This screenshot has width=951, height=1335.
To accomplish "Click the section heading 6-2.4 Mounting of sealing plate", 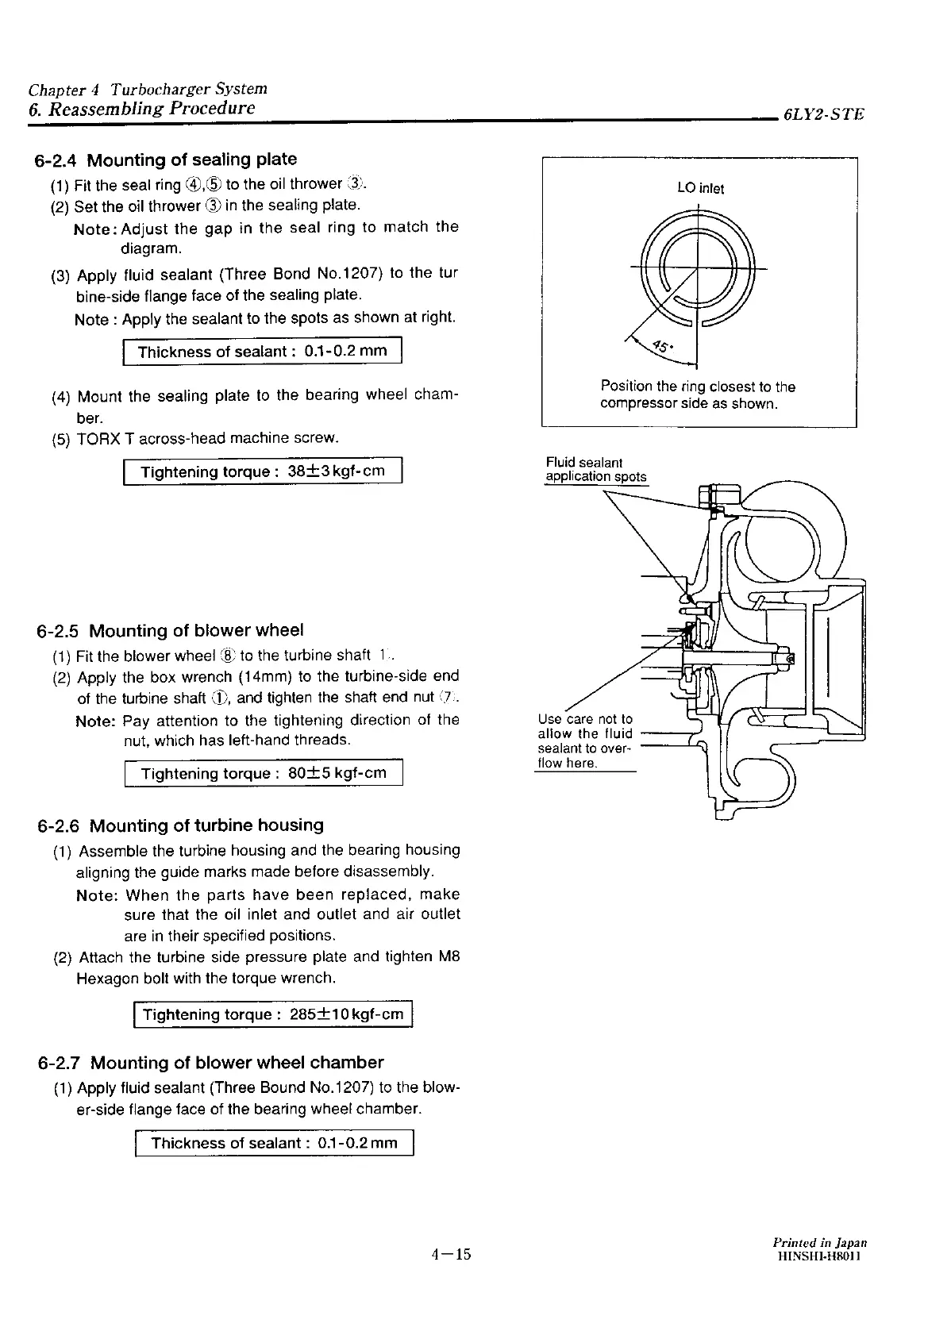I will tap(166, 160).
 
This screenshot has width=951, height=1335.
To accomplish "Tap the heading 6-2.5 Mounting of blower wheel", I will tap(170, 631).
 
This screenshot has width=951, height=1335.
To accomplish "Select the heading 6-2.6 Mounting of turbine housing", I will tap(180, 825).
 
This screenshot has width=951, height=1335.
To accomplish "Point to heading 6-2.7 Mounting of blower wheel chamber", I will tap(210, 1063).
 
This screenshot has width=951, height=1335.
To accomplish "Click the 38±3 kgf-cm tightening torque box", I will tap(263, 471).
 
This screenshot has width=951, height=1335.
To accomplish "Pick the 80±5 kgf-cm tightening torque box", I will tap(264, 773).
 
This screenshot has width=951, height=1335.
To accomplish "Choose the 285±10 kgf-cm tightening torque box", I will tap(273, 1014).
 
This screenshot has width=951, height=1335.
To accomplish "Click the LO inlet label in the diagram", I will tap(700, 188).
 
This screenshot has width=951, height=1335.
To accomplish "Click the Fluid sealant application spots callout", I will tap(595, 469).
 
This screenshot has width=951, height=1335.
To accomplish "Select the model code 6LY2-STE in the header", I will tap(822, 114).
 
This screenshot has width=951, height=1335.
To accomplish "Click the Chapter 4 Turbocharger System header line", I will tap(148, 89).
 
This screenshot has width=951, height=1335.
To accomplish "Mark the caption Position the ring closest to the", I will tap(698, 387).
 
